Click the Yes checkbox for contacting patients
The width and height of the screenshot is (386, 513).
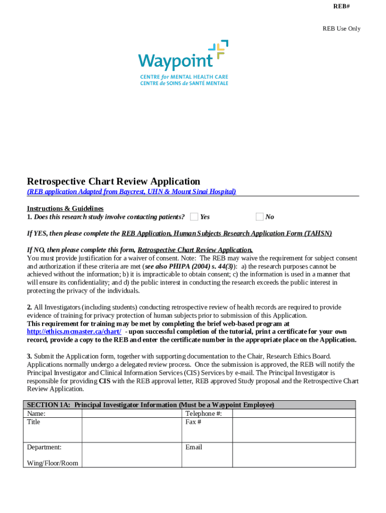coord(194,216)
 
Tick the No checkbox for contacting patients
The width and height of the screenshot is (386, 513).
coord(259,216)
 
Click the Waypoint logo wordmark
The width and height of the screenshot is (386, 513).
coord(175,61)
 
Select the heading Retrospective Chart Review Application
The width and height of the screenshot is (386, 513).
coord(113,181)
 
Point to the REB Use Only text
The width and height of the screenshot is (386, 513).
coord(341,29)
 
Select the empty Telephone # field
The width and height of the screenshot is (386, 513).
coord(293,414)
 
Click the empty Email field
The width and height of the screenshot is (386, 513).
coord(293,453)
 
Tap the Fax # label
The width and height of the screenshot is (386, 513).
coord(193,422)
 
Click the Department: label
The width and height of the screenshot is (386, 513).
coord(44,447)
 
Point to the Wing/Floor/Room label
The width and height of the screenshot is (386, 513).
coord(52,463)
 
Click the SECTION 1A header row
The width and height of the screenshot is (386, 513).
coord(189,405)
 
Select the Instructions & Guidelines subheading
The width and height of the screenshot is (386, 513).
coord(65,208)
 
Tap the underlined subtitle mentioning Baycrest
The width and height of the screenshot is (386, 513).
coord(131,192)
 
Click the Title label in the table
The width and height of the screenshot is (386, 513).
coord(34,422)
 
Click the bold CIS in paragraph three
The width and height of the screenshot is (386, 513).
coord(104,381)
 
